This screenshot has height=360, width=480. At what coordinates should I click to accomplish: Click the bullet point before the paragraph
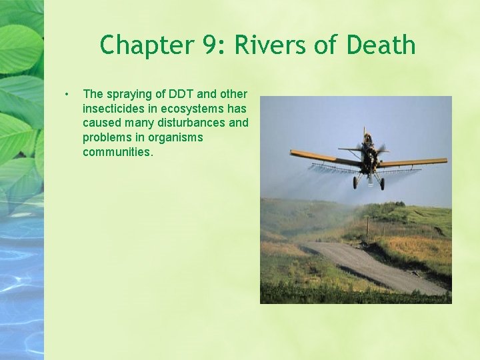[67, 93]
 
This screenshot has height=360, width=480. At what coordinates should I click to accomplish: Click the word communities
[117, 152]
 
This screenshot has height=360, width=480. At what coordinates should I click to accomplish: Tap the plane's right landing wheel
[382, 184]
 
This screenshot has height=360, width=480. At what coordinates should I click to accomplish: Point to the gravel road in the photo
[373, 267]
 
